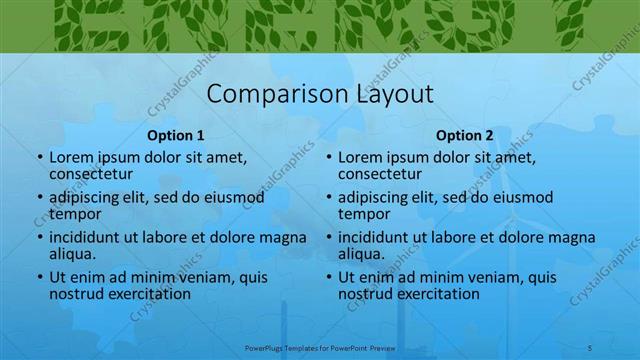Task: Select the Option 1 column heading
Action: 176,135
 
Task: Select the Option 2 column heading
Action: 464,135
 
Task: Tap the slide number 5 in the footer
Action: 591,348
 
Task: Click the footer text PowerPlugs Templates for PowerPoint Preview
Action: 321,348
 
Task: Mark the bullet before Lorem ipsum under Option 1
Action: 39,158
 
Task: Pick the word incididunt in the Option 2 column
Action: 377,237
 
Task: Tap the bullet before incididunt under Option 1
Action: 39,238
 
